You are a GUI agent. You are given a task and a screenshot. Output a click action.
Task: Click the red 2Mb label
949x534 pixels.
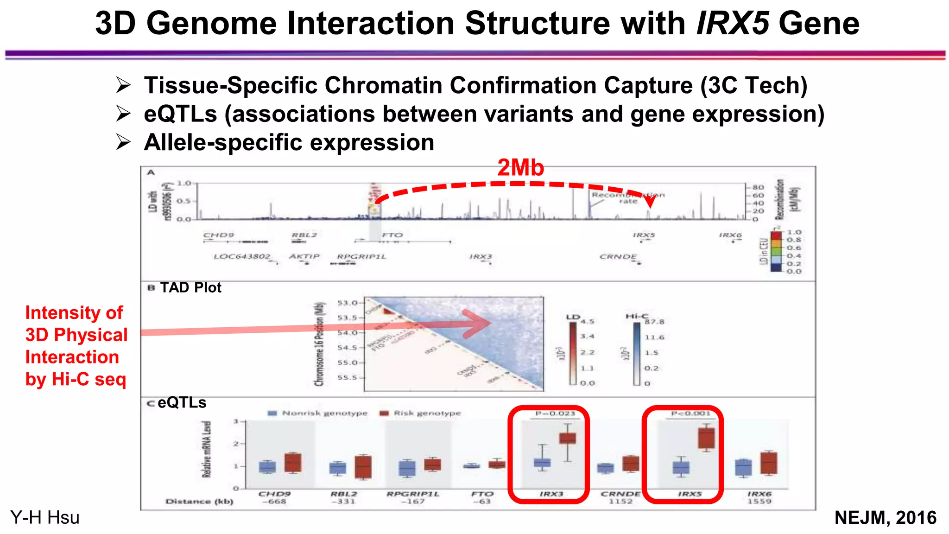coord(520,168)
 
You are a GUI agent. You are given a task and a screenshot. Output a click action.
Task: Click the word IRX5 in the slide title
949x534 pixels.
coord(733,23)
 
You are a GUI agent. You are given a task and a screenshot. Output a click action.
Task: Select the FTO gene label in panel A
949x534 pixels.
coord(392,235)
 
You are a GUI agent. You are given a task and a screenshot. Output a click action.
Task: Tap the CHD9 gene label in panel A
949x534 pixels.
coord(219,235)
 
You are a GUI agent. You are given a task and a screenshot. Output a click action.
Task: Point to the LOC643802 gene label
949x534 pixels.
coord(242,256)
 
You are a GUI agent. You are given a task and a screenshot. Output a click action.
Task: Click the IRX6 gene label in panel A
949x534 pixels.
coord(730,235)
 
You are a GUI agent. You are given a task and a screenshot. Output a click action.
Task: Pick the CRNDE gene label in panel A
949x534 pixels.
coord(618,256)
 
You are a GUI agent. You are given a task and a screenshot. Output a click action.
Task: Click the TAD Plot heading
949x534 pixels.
coord(190,287)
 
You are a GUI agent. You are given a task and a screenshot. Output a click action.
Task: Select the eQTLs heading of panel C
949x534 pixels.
coord(182,402)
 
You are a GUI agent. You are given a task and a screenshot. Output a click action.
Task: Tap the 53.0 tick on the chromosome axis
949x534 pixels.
coord(348,303)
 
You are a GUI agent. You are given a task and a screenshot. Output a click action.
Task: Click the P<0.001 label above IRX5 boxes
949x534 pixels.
coord(690,413)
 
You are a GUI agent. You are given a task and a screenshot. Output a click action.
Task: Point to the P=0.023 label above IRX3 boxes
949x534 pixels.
coord(555,413)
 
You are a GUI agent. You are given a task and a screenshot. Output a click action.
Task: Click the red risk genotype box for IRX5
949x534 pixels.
coord(706,438)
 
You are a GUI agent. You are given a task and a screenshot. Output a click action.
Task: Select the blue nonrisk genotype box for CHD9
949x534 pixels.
coord(267,467)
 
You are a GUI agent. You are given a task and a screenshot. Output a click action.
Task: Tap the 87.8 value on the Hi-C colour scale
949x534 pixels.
coord(654,322)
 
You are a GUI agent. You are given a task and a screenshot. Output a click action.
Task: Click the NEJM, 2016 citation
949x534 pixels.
coord(885,518)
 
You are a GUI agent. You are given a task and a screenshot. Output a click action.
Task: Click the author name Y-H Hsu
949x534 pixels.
coord(45,518)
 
